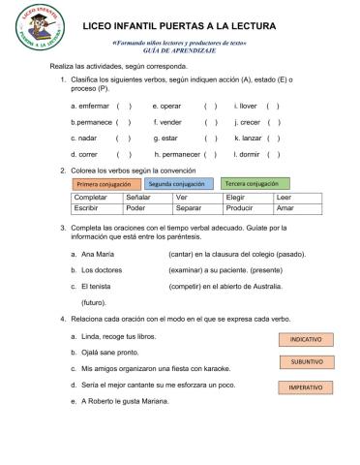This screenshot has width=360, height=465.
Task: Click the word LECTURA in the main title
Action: (x=248, y=27)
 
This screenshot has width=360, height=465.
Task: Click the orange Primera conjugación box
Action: (x=105, y=184)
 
